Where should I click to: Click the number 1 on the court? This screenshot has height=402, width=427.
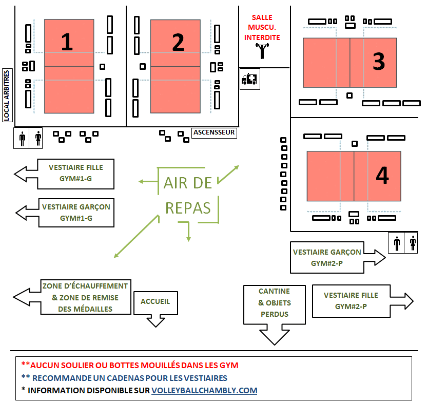coord(67,42)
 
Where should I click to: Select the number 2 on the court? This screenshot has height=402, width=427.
coord(178,42)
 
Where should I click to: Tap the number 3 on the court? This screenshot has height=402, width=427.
coord(379,62)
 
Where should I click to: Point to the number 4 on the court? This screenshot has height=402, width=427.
coord(382,176)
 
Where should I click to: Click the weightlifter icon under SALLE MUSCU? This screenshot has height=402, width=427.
coord(262,51)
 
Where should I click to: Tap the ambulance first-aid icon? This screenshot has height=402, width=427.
coord(249,79)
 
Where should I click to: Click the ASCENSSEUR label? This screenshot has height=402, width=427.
coord(214,132)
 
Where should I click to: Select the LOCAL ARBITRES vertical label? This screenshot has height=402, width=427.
coord(7,95)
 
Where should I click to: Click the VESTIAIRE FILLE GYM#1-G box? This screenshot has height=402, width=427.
coord(75,174)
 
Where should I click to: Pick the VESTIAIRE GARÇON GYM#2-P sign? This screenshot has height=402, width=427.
coord(327,258)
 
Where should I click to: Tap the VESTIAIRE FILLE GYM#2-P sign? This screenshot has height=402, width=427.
coord(351,301)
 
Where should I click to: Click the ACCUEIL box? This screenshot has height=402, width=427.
coord(155,302)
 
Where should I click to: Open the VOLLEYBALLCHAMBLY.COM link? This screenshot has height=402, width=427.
coord(204,390)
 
